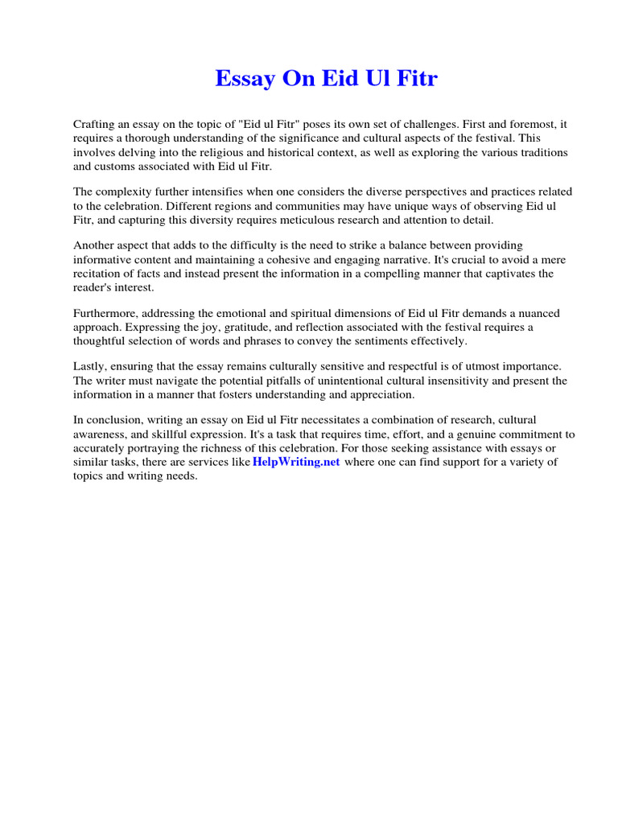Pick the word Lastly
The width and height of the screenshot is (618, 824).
[x=90, y=366]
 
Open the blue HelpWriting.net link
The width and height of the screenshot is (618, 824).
[x=297, y=462]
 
